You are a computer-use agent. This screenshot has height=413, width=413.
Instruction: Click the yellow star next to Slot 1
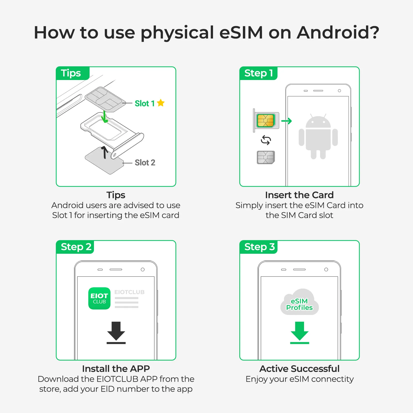(161, 103)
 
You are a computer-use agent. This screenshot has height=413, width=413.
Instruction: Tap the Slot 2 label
(145, 163)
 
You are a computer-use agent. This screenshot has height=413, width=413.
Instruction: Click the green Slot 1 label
(145, 104)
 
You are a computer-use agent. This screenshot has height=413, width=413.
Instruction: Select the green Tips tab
(71, 73)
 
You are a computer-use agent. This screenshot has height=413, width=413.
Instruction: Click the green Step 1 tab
(258, 73)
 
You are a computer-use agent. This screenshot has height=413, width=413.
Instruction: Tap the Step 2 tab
(76, 247)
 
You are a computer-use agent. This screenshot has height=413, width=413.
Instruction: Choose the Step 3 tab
(259, 247)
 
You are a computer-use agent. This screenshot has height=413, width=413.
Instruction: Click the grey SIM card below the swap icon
(266, 157)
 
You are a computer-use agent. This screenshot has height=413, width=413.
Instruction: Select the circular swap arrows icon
(266, 140)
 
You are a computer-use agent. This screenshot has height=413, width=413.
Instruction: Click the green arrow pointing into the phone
(287, 121)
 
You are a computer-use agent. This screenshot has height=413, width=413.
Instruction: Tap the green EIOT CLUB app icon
(99, 298)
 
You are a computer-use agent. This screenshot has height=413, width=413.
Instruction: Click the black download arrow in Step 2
(116, 332)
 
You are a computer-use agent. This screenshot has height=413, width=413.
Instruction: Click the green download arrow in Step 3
(299, 332)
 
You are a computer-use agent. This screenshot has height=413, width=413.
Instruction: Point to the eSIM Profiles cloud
(299, 303)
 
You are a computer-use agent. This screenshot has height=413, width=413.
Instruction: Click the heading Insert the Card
(299, 195)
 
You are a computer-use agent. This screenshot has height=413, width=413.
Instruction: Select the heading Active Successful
(299, 369)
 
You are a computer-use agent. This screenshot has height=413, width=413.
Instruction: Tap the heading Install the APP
(116, 369)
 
